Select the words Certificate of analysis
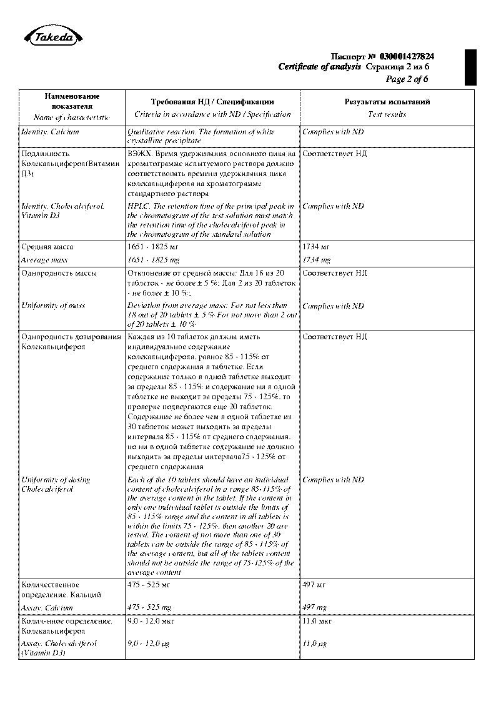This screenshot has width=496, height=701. [x=320, y=67]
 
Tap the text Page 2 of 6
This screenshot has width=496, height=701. [x=407, y=79]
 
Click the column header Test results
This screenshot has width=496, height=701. [x=387, y=114]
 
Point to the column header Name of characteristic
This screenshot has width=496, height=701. [x=71, y=117]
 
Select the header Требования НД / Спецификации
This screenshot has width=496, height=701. [x=212, y=101]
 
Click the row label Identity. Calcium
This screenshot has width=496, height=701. [x=50, y=132]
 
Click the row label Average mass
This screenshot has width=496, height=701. [x=44, y=260]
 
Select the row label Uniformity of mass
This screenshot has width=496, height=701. [x=53, y=306]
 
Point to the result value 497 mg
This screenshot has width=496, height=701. [x=314, y=607]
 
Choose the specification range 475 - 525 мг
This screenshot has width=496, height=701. [x=149, y=585]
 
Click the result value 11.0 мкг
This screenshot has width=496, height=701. [x=317, y=621]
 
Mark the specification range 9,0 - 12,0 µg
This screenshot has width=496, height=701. [x=149, y=643]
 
